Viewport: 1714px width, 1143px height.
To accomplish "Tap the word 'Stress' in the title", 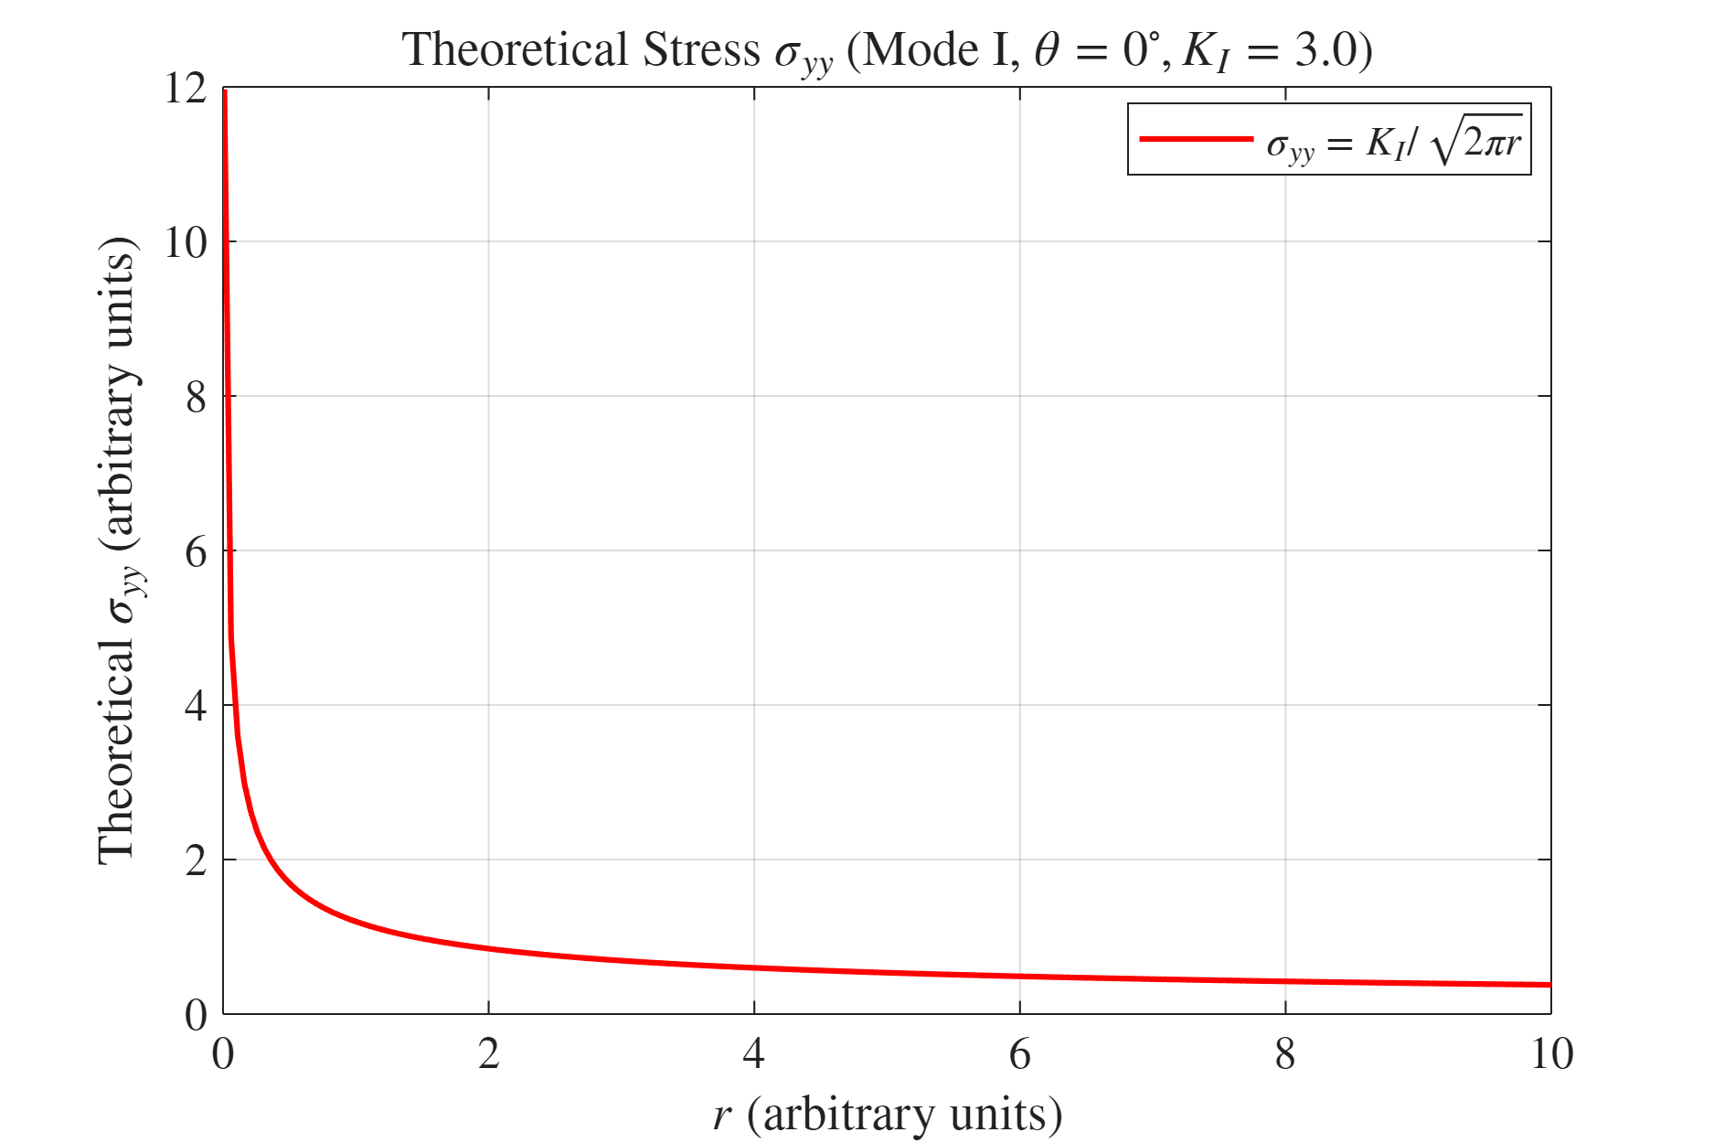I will (701, 49).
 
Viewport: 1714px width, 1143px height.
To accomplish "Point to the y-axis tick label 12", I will (186, 90).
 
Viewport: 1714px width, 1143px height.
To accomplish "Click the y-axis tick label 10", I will (186, 243).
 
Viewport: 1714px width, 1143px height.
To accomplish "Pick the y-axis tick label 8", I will (196, 398).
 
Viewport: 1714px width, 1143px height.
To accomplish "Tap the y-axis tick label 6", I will (196, 552).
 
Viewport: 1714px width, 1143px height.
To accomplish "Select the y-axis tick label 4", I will (196, 707).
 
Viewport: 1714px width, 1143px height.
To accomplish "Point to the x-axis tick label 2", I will (489, 1054).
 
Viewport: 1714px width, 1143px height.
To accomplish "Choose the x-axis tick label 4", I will (754, 1054).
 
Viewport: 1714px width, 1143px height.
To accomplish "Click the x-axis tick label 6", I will (1020, 1054).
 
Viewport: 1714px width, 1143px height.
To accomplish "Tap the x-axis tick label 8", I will (1285, 1054).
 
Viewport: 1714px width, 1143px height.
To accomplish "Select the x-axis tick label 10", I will (1551, 1054).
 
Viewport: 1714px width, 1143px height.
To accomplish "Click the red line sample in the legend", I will (1196, 139).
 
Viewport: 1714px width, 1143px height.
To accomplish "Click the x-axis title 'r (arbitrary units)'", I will (887, 1115).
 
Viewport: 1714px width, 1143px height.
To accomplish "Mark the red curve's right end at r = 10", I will (1550, 985).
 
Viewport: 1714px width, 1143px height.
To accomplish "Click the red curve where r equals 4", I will (754, 967).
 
